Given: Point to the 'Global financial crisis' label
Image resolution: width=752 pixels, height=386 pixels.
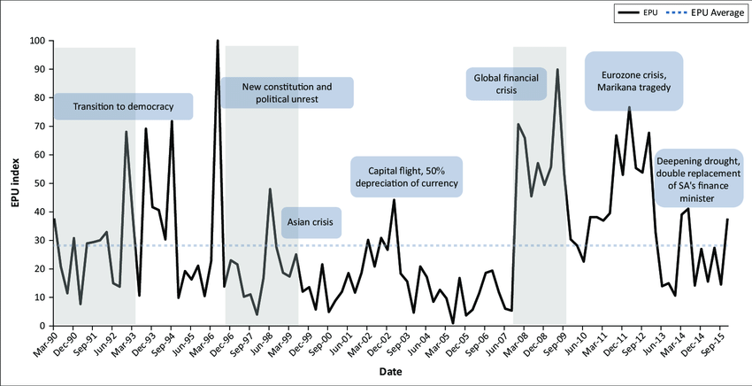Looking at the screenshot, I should point(507,83).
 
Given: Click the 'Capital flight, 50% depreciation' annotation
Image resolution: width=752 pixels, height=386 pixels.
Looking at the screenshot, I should point(406,176).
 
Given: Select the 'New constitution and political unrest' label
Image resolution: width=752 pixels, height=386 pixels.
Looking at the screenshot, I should point(288,93).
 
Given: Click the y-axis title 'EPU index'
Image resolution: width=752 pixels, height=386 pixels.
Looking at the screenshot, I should point(13,183).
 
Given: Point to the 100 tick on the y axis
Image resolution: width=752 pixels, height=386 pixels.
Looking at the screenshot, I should point(36,41).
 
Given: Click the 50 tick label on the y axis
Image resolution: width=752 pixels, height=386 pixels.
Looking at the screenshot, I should point(39,183).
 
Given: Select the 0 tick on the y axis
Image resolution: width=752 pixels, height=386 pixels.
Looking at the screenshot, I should point(42,326).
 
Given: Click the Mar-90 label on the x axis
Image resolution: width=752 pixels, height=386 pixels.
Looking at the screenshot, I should point(45,344).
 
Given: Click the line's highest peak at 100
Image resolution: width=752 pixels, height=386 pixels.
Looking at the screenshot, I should point(218,41).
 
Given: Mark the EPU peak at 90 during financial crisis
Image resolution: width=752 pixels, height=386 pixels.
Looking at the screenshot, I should point(557,69).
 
